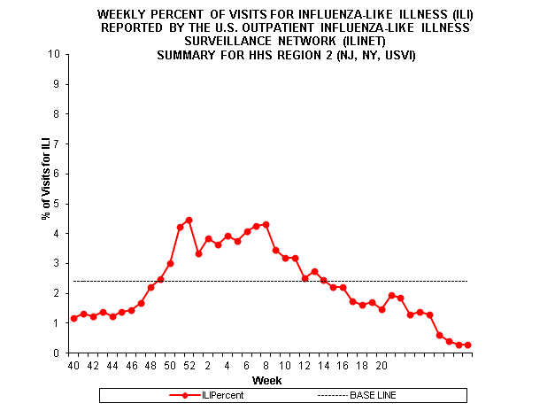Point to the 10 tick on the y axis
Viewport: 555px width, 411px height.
pos(56,54)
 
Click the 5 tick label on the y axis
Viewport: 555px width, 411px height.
pos(58,204)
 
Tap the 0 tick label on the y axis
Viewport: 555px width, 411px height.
pos(58,353)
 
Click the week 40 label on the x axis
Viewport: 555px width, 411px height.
pos(73,364)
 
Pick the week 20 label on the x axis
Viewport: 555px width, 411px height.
pos(382,364)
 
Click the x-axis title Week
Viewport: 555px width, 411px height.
pos(267,380)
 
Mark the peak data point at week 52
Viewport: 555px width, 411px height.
pos(189,220)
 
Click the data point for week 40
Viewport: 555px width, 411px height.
pos(73,318)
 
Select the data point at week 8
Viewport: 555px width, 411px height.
pos(266,224)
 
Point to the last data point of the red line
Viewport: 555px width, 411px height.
pos(468,345)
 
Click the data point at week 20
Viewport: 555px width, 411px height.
pos(382,309)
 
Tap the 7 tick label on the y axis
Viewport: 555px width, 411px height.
pos(58,143)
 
